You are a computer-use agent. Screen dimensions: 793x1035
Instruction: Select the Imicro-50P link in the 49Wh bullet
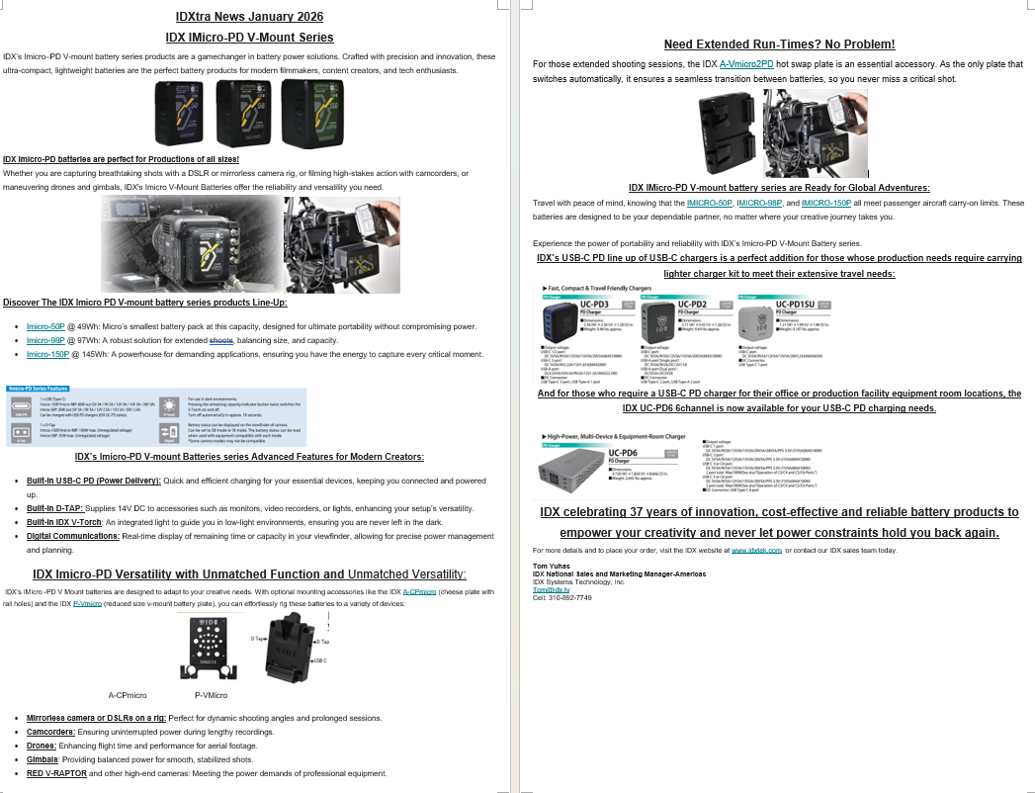[x=45, y=326]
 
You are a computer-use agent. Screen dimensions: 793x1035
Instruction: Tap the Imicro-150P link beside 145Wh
[x=47, y=354]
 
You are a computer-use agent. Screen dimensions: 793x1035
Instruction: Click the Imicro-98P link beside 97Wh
[x=45, y=340]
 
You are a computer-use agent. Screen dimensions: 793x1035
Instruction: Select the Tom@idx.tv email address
[x=546, y=590]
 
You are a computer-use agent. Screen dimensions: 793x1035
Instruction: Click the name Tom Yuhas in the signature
[x=551, y=566]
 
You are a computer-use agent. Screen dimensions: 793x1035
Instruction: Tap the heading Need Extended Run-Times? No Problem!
[x=779, y=44]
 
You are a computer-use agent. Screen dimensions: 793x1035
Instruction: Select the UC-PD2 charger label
[x=692, y=304]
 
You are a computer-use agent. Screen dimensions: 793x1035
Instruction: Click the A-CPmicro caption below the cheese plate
[x=128, y=695]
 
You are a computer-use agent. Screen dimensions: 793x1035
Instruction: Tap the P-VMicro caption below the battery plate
[x=211, y=695]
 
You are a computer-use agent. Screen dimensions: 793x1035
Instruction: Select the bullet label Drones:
[x=42, y=746]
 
